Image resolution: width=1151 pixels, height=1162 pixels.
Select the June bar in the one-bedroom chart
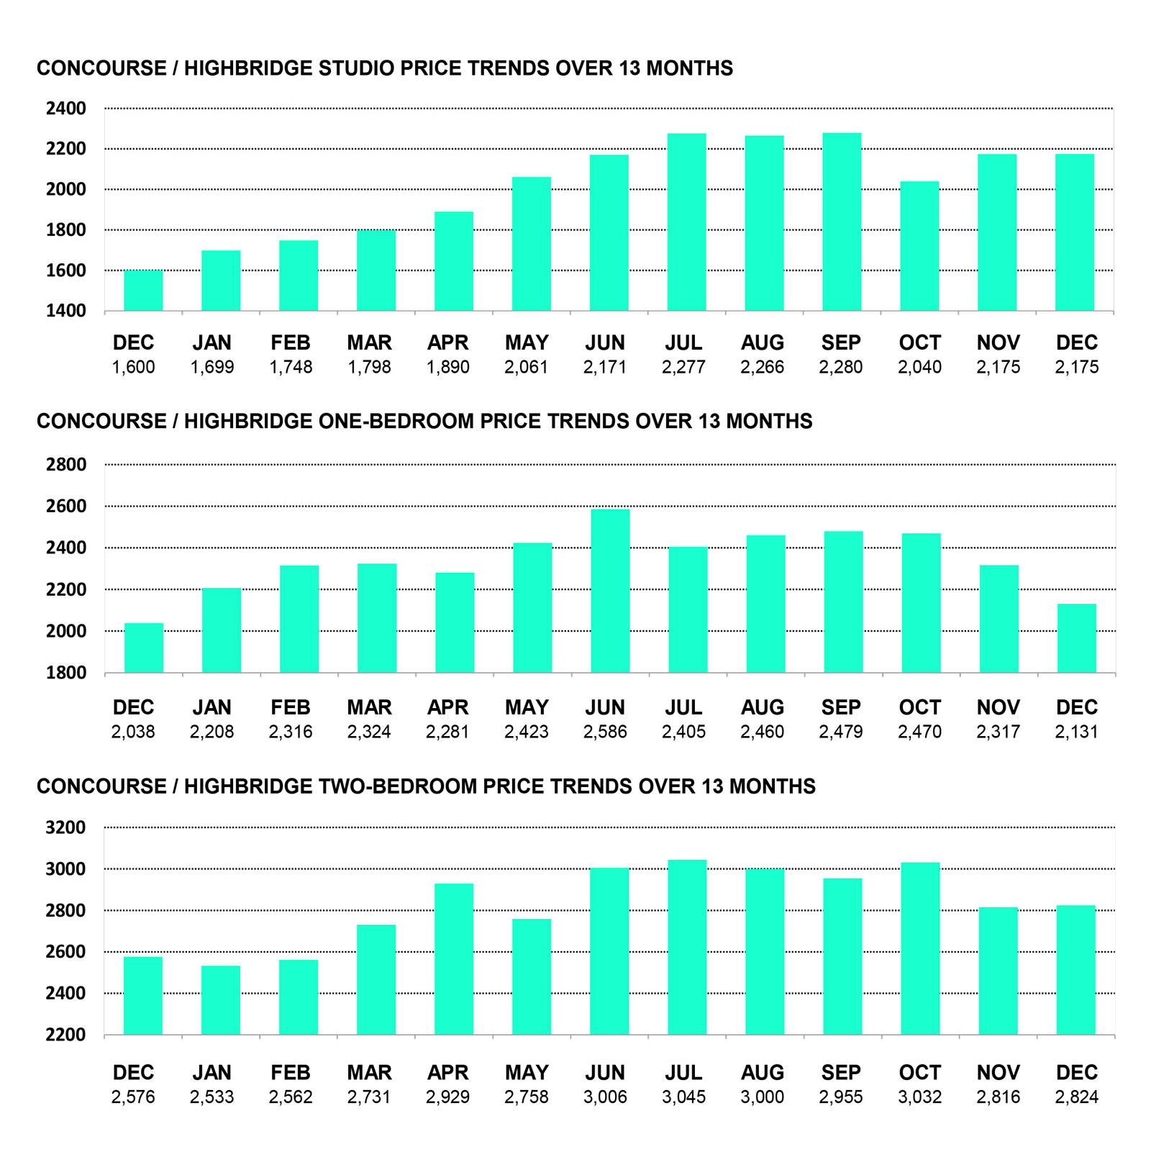[610, 591]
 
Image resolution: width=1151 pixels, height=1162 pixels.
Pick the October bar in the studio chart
[919, 246]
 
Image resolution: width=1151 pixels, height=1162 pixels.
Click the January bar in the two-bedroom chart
[220, 1000]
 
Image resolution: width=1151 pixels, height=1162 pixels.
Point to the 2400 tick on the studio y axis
[66, 109]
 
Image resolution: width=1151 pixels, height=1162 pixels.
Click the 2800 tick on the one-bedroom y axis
[66, 465]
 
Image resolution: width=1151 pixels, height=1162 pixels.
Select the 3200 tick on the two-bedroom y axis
[66, 827]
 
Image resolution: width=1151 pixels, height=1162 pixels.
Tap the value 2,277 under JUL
[683, 368]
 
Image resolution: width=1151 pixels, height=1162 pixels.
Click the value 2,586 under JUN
[605, 732]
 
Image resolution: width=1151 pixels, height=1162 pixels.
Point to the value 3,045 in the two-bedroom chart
[683, 1097]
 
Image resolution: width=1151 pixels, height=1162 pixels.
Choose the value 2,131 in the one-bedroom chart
[1076, 732]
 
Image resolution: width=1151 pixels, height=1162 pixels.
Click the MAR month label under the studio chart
[369, 343]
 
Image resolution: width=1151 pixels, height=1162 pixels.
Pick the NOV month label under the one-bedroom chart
[998, 708]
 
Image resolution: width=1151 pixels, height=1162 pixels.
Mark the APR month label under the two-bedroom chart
[447, 1073]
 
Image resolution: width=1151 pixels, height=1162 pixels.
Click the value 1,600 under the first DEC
[133, 368]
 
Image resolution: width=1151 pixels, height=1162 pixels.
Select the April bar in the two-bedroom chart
[454, 959]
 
